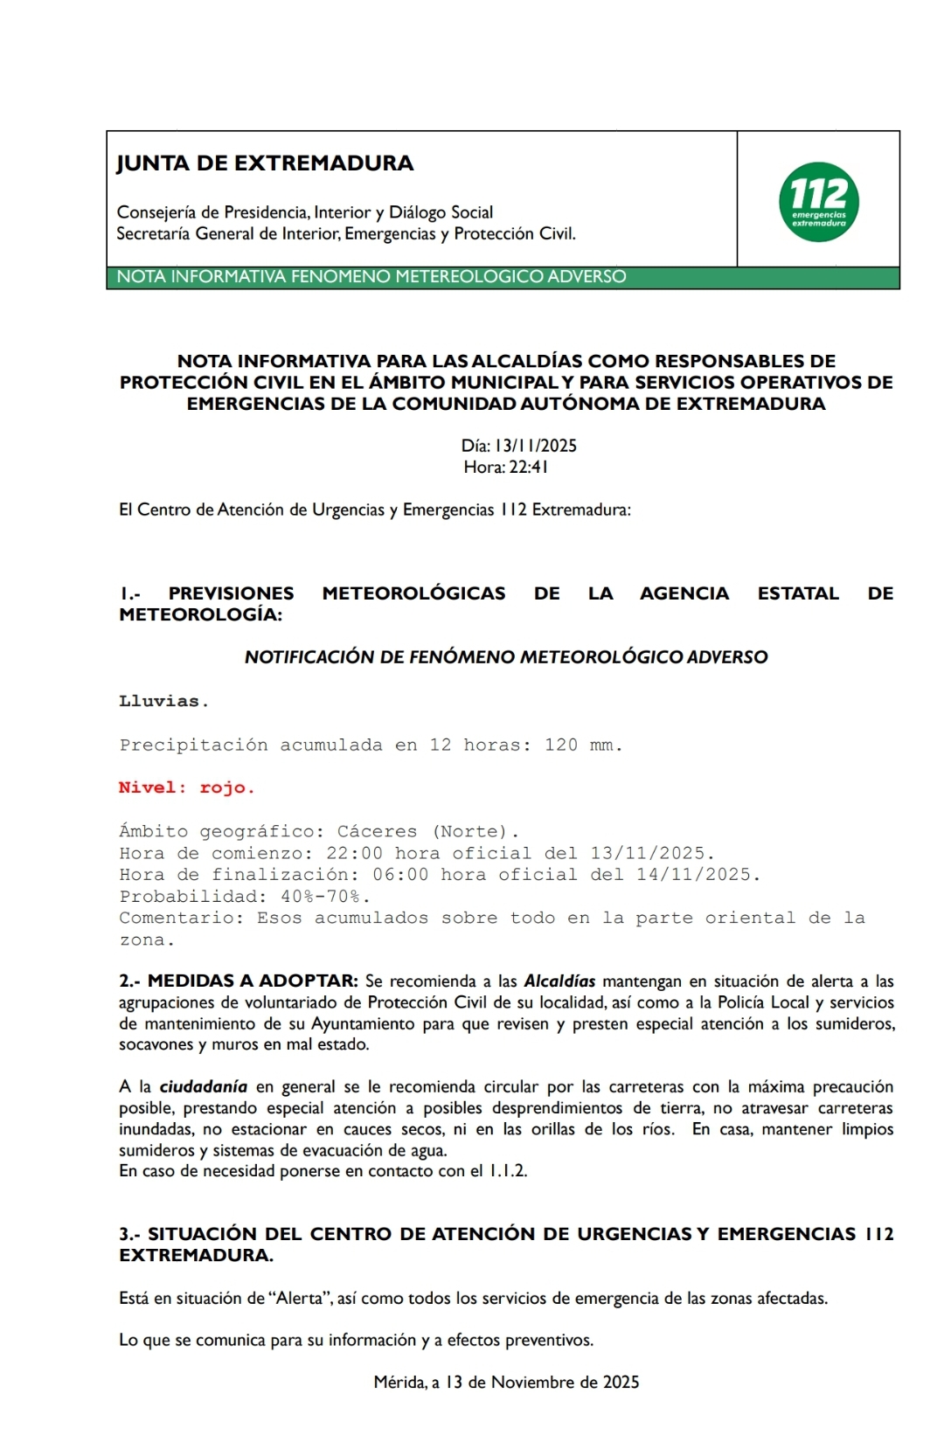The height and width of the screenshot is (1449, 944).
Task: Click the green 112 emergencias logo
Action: [818, 202]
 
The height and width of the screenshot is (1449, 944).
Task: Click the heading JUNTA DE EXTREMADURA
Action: [265, 163]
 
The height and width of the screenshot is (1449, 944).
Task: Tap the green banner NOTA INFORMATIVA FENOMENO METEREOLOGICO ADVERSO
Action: [371, 277]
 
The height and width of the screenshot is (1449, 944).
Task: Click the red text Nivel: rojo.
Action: [186, 787]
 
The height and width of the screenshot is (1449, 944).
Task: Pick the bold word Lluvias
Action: [163, 701]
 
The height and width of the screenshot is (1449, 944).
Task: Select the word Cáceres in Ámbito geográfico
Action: [377, 831]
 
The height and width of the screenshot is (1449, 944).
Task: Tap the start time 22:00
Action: [354, 853]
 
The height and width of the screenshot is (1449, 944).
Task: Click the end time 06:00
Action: [400, 874]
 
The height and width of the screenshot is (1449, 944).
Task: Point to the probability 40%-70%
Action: [325, 896]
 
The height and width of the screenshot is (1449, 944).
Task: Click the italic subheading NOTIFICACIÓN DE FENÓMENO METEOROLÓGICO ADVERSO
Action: [506, 657]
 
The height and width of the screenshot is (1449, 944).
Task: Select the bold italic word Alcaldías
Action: [559, 981]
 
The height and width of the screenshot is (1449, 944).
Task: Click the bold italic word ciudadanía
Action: [203, 1086]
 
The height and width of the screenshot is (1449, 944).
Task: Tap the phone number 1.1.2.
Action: [508, 1171]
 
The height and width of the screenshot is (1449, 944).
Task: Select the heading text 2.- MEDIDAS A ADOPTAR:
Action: [239, 981]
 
